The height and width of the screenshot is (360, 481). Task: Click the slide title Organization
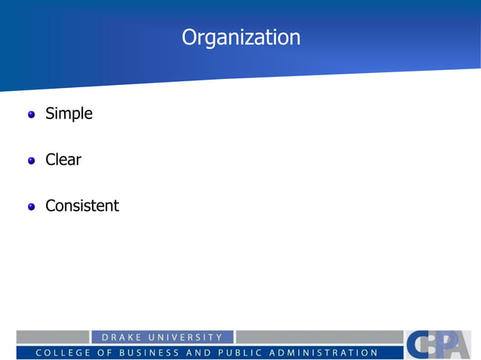pos(240,38)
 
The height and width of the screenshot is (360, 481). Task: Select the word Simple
pos(69,114)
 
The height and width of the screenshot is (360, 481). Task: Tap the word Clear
pos(63,160)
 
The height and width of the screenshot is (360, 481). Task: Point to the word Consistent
pos(82,206)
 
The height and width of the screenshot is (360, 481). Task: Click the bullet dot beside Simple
pos(32,115)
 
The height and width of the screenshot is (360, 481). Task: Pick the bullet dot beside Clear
pos(32,161)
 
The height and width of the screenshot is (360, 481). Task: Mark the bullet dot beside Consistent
pos(32,207)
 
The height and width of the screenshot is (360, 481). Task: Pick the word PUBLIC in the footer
pos(244,352)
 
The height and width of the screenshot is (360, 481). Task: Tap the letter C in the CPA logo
pos(420,345)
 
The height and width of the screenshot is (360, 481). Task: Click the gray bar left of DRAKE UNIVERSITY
pos(53,337)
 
